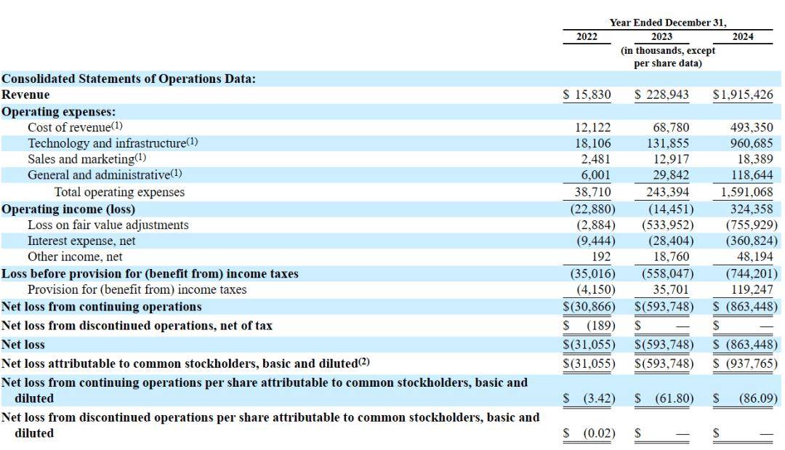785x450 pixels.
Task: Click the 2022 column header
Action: tap(587, 36)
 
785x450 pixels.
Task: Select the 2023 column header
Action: tap(661, 36)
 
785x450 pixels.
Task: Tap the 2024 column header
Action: tap(742, 36)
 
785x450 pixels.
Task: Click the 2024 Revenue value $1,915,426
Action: tap(743, 95)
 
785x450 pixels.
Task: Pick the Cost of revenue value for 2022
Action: tap(593, 128)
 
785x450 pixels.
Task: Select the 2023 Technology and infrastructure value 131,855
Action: tap(668, 143)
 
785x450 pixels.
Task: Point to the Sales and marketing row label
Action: tap(86, 158)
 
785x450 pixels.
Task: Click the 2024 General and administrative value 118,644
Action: tap(752, 174)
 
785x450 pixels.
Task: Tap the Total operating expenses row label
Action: tap(119, 192)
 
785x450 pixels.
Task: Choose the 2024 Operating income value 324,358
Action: tap(752, 209)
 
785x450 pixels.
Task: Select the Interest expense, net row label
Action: tap(81, 241)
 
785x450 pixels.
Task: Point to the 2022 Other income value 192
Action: tap(601, 257)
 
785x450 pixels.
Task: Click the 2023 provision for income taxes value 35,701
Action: tap(671, 290)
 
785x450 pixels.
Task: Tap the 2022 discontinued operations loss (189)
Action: tap(601, 326)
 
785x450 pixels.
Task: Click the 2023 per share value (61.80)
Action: tap(675, 398)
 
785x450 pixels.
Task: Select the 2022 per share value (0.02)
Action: tap(599, 433)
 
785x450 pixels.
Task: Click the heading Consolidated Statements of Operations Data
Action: tap(129, 79)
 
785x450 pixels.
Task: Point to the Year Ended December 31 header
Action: tap(668, 23)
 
